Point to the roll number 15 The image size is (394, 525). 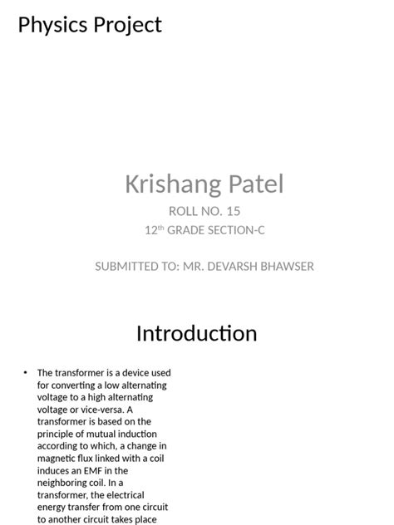coord(233,211)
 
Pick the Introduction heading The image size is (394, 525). coord(196,334)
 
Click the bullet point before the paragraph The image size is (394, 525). coord(26,373)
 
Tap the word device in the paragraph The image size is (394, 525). coord(131,373)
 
